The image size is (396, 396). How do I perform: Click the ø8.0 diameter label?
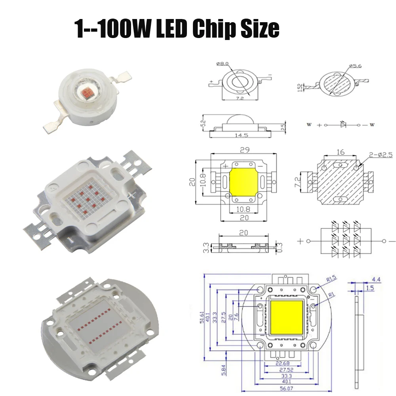click(x=223, y=64)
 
